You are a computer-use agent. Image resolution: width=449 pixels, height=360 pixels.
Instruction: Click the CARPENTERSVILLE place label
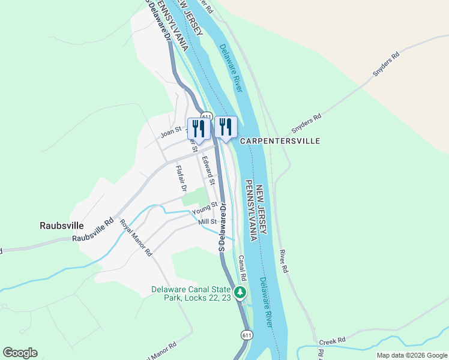tap(280, 141)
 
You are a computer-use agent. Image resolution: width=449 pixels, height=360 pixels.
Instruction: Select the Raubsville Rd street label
tap(92, 230)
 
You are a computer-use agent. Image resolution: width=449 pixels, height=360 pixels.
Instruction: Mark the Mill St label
tap(207, 222)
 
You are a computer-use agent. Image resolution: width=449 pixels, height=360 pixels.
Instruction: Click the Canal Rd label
tap(243, 269)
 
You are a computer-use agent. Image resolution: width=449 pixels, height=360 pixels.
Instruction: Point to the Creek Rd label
tap(333, 341)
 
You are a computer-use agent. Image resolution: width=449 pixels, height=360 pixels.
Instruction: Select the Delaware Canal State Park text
tap(191, 293)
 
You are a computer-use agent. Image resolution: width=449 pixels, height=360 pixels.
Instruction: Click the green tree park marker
tap(240, 293)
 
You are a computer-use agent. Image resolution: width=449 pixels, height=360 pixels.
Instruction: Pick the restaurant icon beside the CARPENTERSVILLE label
tap(226, 127)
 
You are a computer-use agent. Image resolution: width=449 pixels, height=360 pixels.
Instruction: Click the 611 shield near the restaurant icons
tap(206, 116)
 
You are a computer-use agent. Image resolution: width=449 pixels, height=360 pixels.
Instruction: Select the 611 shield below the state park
tap(246, 334)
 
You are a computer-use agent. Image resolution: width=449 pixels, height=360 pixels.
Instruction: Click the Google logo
tap(20, 353)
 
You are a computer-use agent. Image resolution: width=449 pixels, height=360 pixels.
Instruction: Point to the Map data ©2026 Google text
tap(412, 355)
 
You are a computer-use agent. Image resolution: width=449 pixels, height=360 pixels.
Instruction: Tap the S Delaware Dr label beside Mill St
tap(222, 227)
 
